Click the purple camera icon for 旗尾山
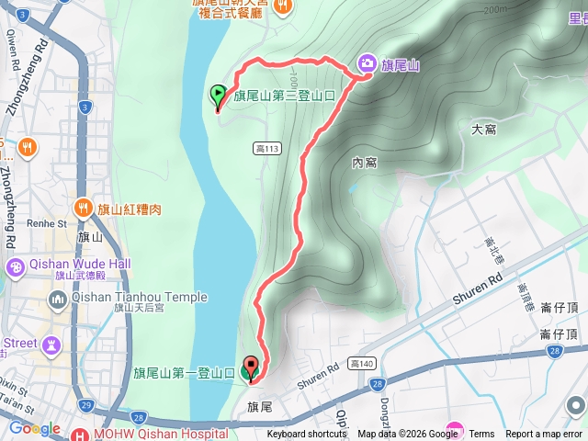(x=367, y=62)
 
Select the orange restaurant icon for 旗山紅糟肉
(x=83, y=208)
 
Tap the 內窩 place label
(x=365, y=163)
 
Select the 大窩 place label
(x=483, y=130)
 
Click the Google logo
(x=35, y=428)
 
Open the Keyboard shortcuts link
(x=307, y=435)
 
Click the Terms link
(x=481, y=435)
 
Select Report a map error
(x=544, y=435)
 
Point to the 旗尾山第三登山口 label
(x=294, y=94)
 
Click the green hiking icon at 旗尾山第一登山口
(x=248, y=372)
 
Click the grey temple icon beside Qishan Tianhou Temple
(x=58, y=299)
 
